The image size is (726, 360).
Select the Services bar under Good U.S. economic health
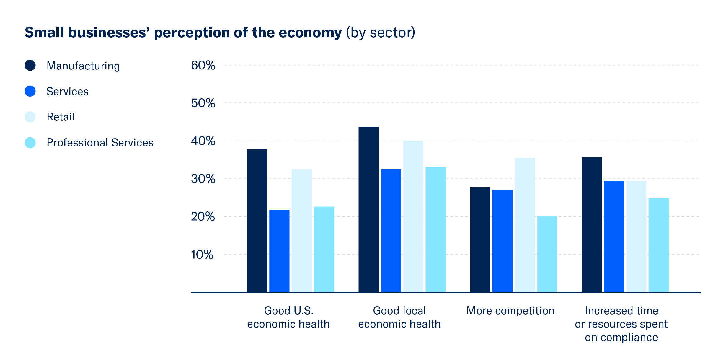point(279,251)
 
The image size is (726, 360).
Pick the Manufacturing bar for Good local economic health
point(368,209)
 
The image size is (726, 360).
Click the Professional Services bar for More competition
point(547,254)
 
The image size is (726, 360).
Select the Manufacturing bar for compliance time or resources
point(592,225)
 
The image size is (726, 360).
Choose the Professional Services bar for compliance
point(658,245)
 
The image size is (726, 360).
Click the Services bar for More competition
point(502,241)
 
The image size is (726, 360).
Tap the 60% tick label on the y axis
point(203,65)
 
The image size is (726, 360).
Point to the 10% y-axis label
point(202,255)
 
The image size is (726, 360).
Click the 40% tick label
point(203,141)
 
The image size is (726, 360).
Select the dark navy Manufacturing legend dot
point(30,65)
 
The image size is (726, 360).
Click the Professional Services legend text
point(100,143)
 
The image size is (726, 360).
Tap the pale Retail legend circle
point(30,117)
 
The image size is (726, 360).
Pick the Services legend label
point(67,92)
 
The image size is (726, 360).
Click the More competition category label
point(510,311)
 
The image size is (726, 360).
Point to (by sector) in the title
point(381,32)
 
